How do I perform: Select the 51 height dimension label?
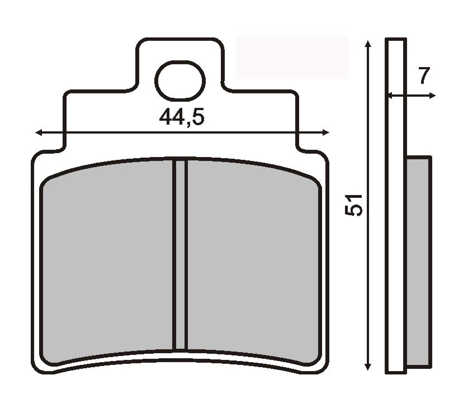pyautogui.click(x=354, y=205)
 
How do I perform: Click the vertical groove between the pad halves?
pyautogui.click(x=179, y=254)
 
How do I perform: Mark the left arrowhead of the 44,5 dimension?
pyautogui.click(x=38, y=132)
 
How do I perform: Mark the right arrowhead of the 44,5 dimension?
pyautogui.click(x=326, y=132)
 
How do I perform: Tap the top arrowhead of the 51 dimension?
pyautogui.click(x=367, y=44)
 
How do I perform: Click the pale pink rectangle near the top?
pyautogui.click(x=292, y=56)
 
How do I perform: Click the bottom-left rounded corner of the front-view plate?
pyautogui.click(x=38, y=366)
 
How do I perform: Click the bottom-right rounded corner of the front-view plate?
pyautogui.click(x=323, y=366)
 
